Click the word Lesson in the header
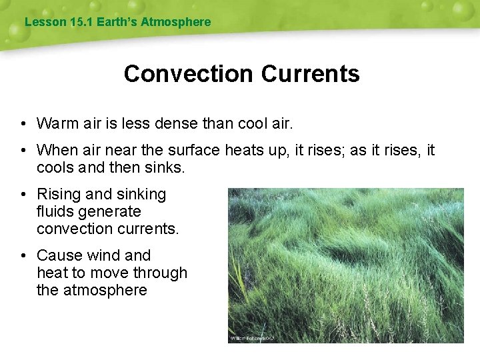[45, 22]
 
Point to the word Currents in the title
[310, 73]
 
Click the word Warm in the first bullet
[56, 123]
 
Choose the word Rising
[58, 194]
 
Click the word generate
[111, 212]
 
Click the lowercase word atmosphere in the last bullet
[107, 290]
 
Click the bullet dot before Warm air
[23, 124]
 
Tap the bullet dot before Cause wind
[23, 256]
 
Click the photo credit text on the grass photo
[253, 338]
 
